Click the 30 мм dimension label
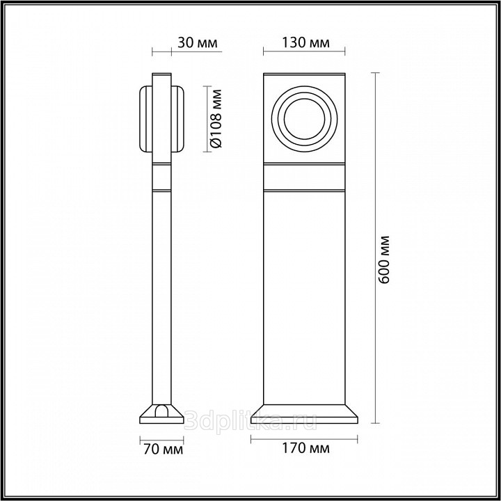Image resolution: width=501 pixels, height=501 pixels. pyautogui.click(x=197, y=42)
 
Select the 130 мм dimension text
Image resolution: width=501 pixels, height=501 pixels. pyautogui.click(x=305, y=42)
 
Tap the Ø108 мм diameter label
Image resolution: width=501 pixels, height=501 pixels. pyautogui.click(x=216, y=118)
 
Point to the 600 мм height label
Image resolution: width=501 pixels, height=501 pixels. pyautogui.click(x=383, y=260)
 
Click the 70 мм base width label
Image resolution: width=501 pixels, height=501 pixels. pyautogui.click(x=164, y=450)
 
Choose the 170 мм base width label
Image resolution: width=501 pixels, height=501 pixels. pyautogui.click(x=305, y=448)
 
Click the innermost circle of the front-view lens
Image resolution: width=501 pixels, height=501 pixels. pyautogui.click(x=304, y=119)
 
